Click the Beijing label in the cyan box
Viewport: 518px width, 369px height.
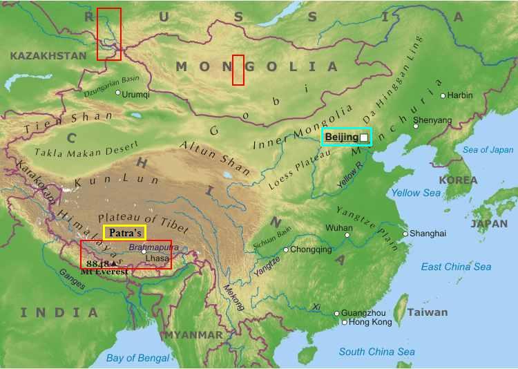click(x=342, y=137)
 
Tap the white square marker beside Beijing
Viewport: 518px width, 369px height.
click(x=364, y=138)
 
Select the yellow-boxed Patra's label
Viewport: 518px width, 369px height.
click(x=124, y=233)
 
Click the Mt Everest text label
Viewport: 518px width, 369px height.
click(x=104, y=272)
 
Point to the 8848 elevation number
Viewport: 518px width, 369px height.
click(x=98, y=263)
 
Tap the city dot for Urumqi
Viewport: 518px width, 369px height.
click(x=118, y=93)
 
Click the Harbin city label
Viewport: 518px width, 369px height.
click(x=460, y=95)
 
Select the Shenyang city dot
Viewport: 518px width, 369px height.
click(x=416, y=126)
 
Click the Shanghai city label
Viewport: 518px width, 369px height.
click(x=428, y=234)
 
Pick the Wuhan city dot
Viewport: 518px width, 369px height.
click(x=347, y=235)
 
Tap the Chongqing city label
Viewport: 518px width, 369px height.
click(x=311, y=249)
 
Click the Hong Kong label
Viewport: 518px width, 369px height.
click(x=370, y=322)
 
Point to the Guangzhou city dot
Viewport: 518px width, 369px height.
click(x=337, y=313)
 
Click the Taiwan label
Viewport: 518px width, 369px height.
click(x=427, y=312)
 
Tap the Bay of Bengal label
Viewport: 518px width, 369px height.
click(x=137, y=357)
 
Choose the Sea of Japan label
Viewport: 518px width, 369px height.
click(x=488, y=150)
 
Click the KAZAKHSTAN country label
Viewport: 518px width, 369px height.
click(x=48, y=55)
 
